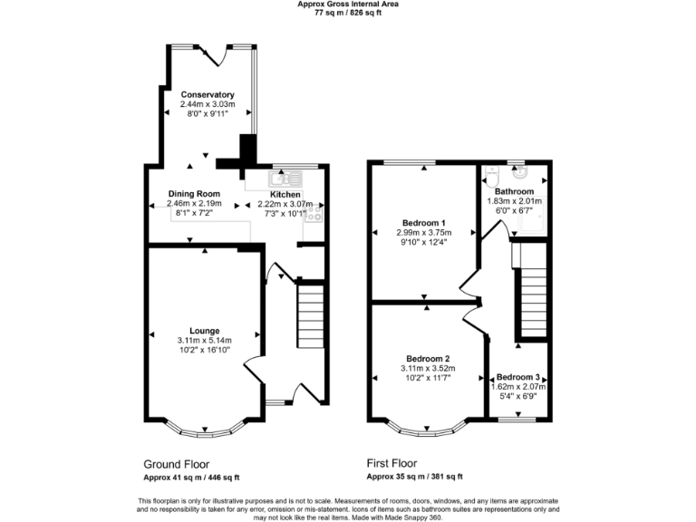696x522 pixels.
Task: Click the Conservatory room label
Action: pos(208,95)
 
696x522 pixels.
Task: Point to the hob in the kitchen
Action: pos(314,214)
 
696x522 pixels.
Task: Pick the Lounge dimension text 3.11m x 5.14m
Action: pos(205,341)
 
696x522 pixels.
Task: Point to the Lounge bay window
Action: pos(206,426)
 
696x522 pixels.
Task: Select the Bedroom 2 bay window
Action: pos(428,426)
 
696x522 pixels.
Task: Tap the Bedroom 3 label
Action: pos(518,377)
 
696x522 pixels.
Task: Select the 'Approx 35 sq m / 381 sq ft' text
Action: pos(414,477)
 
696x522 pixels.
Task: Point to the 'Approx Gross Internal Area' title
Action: pos(348,5)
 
